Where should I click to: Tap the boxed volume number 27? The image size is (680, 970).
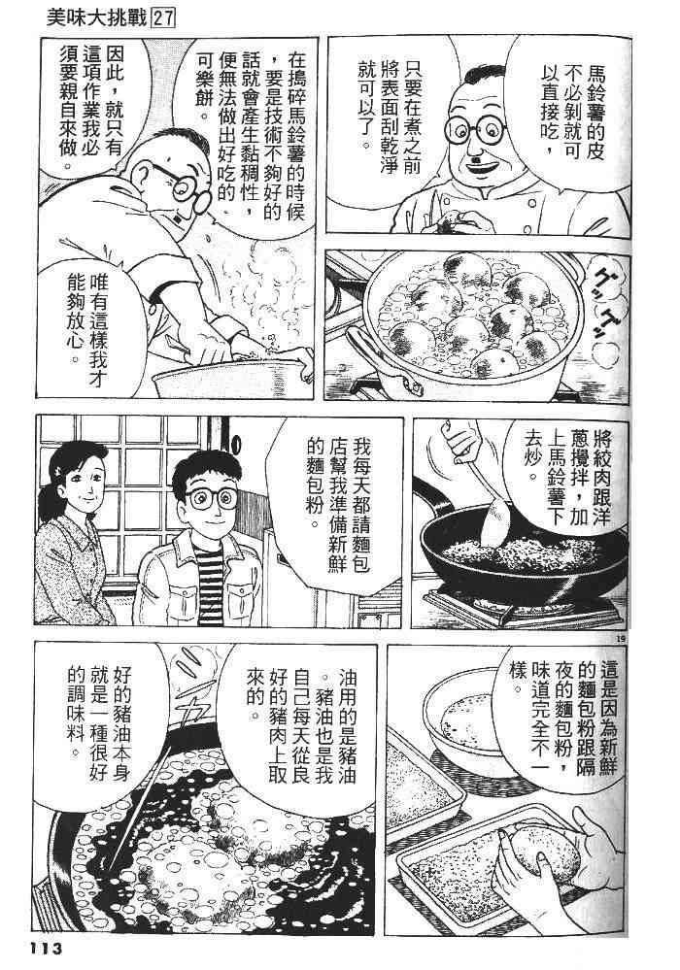[163, 18]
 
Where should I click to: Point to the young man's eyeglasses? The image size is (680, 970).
[212, 498]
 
